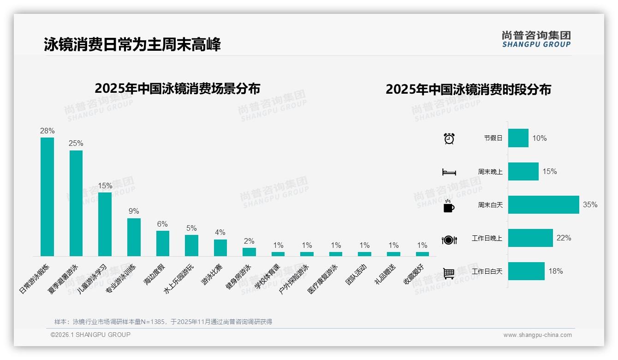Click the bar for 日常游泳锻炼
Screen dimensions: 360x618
[x=47, y=197]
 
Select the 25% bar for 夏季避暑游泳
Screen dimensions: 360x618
[x=76, y=203]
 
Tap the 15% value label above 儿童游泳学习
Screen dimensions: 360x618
[x=105, y=186]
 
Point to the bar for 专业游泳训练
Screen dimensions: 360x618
[x=134, y=237]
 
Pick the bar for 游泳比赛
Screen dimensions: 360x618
[x=220, y=247]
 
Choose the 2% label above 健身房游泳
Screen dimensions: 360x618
[x=249, y=241]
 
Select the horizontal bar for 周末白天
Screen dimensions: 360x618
[x=543, y=204]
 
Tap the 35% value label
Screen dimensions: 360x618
[x=590, y=204]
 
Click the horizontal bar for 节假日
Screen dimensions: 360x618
[x=518, y=138]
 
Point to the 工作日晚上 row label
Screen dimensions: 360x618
[x=487, y=238]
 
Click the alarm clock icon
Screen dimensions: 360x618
[x=449, y=138]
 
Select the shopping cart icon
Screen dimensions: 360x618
[x=449, y=273]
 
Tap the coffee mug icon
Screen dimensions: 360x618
[x=449, y=206]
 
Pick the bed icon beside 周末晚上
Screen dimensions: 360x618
[x=449, y=172]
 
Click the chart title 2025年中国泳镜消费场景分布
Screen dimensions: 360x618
[x=178, y=88]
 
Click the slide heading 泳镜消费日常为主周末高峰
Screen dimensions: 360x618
[x=132, y=44]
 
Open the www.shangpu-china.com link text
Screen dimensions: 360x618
[x=537, y=335]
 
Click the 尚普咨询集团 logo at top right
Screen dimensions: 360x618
[x=536, y=39]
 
